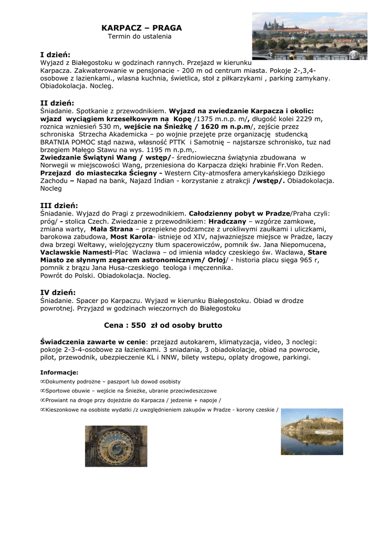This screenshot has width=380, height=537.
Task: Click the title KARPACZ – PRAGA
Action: pyautogui.click(x=142, y=27)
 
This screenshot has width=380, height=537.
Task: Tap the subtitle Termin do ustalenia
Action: pyautogui.click(x=140, y=37)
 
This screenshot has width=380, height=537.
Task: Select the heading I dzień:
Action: pyautogui.click(x=55, y=54)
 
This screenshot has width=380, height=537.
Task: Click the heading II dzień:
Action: pyautogui.click(x=57, y=103)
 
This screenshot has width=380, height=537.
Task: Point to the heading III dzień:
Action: pyautogui.click(x=59, y=205)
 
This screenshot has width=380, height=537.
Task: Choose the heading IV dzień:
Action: pyautogui.click(x=58, y=292)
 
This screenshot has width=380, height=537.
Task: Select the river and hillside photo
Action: pyautogui.click(x=312, y=431)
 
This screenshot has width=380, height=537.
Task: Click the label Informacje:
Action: pyautogui.click(x=59, y=372)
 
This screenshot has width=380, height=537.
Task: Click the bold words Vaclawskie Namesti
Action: pyautogui.click(x=76, y=252)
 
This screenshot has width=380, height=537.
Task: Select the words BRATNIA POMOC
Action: pyautogui.click(x=68, y=142)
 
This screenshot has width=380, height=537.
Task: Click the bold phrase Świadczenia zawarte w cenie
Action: pyautogui.click(x=93, y=341)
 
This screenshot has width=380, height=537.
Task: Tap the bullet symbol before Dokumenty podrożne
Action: pyautogui.click(x=43, y=382)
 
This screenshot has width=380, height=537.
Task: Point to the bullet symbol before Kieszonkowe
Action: pyautogui.click(x=43, y=410)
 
